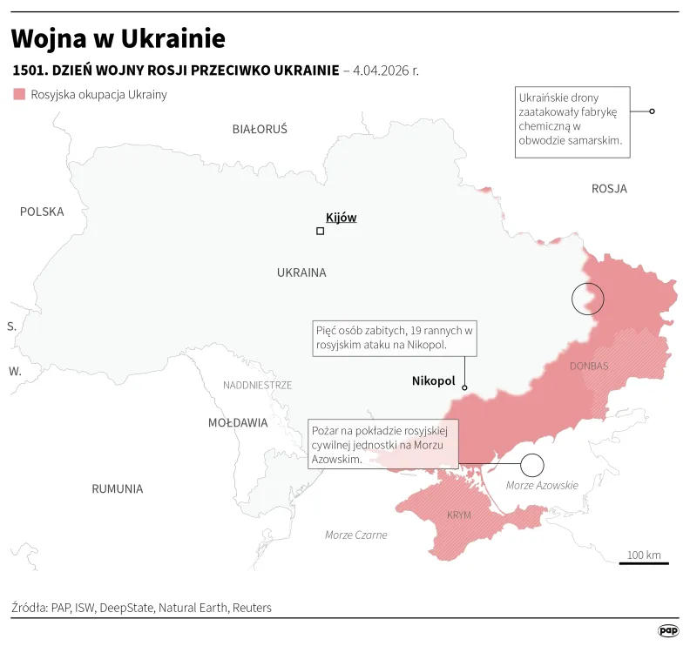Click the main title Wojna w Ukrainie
(118, 38)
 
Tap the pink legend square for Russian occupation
(19, 94)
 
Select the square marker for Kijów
(320, 231)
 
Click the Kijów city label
(341, 218)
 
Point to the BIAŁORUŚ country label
(260, 129)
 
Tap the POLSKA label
(42, 212)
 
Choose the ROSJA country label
(609, 188)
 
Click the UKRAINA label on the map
(301, 273)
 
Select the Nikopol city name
(433, 380)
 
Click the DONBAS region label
(589, 366)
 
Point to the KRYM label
(458, 515)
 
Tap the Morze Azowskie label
(542, 485)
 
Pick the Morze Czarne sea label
(355, 535)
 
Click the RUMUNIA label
(117, 488)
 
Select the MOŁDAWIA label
(238, 422)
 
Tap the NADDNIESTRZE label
(257, 385)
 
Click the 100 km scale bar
(644, 562)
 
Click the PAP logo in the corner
(667, 630)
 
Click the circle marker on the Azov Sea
(531, 465)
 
